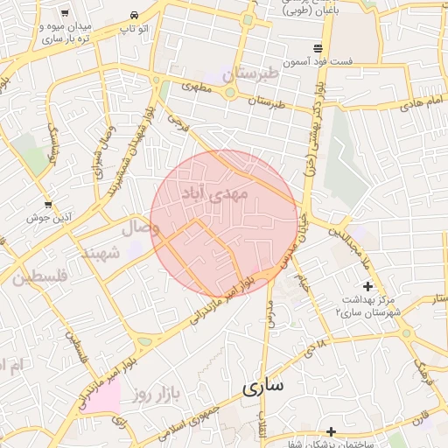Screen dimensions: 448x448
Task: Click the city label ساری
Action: (x=267, y=386)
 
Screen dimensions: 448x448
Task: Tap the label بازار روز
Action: (x=156, y=395)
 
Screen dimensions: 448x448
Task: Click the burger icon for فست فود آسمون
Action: (x=316, y=46)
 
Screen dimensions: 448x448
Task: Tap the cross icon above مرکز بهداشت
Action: (x=367, y=286)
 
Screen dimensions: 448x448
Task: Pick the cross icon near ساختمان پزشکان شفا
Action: (x=331, y=431)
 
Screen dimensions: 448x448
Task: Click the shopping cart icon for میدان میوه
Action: (x=66, y=14)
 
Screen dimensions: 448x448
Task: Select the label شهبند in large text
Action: (x=100, y=252)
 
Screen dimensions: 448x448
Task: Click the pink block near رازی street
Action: (x=104, y=399)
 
